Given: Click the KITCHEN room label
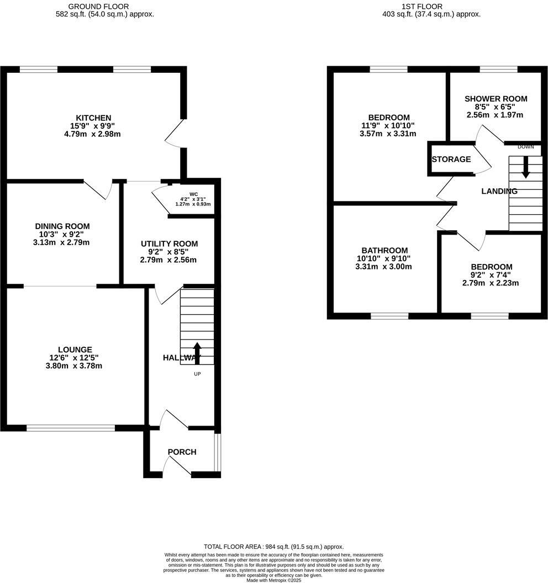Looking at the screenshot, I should (x=93, y=118).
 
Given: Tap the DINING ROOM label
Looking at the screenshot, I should (x=62, y=226).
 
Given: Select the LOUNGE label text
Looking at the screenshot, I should (x=75, y=349).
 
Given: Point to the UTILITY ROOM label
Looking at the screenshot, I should (x=168, y=243).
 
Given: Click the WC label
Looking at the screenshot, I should (x=193, y=194).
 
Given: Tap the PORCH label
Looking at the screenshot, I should (x=182, y=452).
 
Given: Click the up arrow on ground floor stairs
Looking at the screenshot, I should (x=197, y=352).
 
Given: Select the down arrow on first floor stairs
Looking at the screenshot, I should (x=525, y=167).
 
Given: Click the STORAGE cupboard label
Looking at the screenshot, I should (x=451, y=160).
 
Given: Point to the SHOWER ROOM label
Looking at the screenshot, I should (x=495, y=99).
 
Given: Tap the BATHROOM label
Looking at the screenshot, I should (x=384, y=250).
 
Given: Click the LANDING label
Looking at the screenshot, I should (x=499, y=192).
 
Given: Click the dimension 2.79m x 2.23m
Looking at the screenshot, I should (x=491, y=283).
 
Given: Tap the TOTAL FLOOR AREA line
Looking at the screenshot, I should (x=273, y=546).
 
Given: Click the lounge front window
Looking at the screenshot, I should (x=71, y=428).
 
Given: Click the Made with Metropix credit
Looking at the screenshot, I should (x=273, y=580).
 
